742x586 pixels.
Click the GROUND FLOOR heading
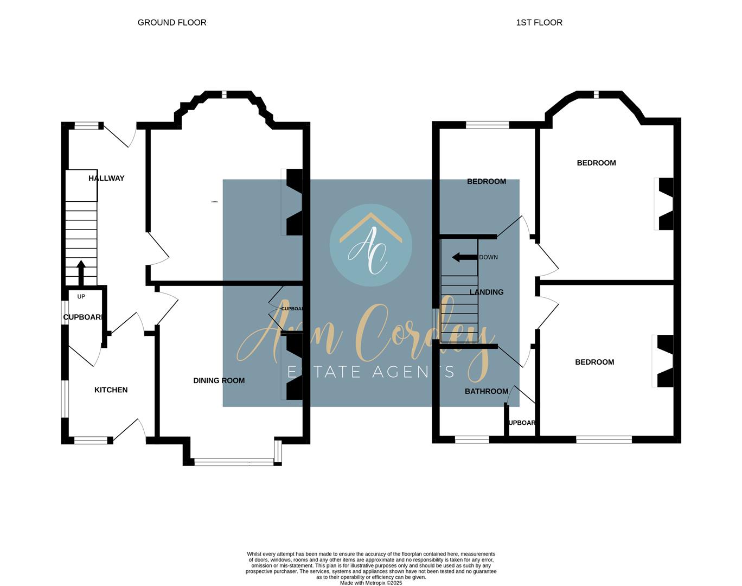pos(172,22)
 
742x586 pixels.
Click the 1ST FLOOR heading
pos(539,22)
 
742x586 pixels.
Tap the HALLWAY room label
pos(106,178)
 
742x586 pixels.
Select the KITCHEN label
pos(111,390)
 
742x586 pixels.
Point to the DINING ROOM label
pos(219,380)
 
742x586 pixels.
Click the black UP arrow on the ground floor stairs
pos(81,272)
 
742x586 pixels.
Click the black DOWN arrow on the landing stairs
pos(464,257)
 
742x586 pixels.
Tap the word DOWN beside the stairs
pos(488,257)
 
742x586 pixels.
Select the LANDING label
pos(486,292)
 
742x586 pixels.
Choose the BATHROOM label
pos(486,391)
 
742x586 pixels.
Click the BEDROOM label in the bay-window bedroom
pos(596,163)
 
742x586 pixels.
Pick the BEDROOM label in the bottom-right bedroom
pos(594,362)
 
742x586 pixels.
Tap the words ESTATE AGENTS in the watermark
pos(370,372)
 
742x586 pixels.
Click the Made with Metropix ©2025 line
pos(370,583)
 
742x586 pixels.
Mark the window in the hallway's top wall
pos(87,126)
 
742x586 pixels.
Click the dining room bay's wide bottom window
pos(234,462)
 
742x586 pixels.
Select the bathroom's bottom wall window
pos(471,439)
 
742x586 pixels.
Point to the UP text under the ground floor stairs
pos(81,297)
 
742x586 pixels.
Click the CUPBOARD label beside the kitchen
pos(83,317)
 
